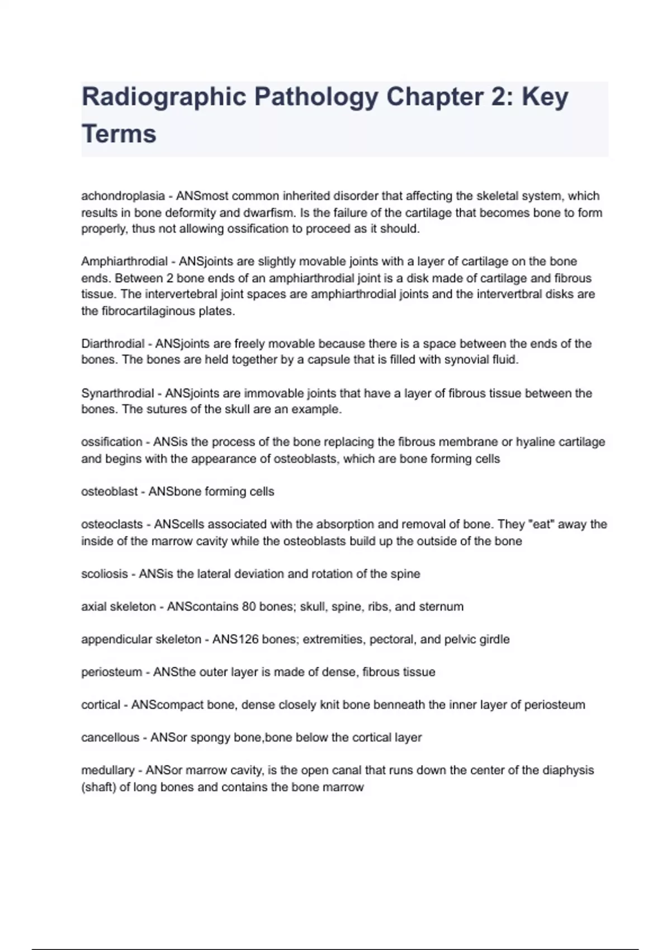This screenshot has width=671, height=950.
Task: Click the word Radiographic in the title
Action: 164,97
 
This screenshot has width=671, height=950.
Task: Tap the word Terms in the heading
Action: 119,134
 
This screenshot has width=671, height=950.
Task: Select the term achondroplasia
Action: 123,196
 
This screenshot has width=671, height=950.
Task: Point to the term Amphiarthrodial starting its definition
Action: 124,262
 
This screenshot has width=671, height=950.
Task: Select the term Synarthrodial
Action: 117,393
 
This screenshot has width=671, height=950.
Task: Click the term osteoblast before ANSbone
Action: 109,492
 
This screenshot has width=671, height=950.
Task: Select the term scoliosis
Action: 105,574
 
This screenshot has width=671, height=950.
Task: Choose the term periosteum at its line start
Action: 112,672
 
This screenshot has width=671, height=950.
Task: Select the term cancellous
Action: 110,738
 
